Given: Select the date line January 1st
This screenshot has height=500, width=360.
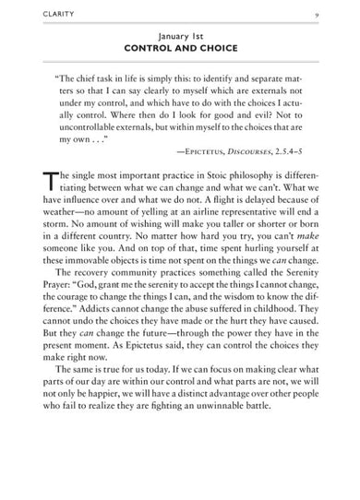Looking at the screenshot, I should (x=180, y=31).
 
